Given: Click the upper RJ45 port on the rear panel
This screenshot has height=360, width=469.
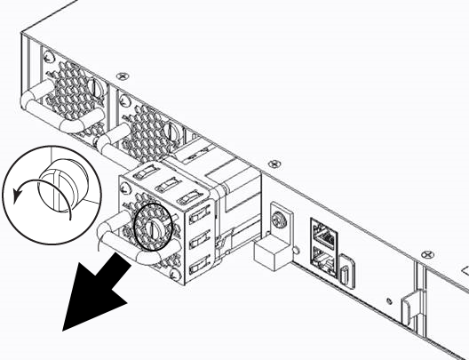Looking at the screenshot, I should coord(322,232).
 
